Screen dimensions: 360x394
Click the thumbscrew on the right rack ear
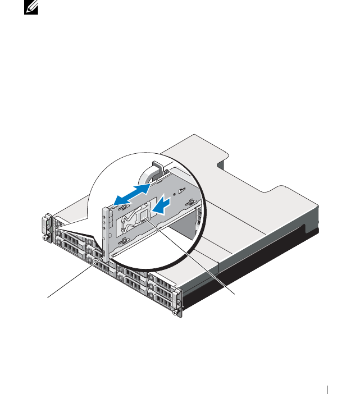pos(179,312)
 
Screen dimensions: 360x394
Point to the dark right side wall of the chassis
pos(253,264)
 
